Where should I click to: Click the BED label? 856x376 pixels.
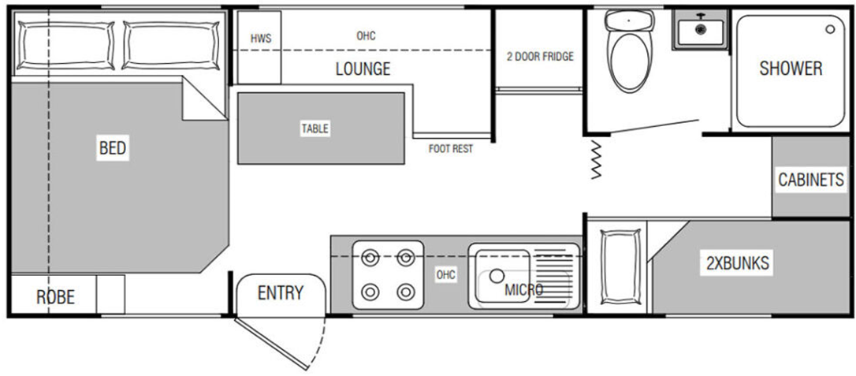(113, 147)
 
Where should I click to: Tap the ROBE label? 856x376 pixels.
(55, 297)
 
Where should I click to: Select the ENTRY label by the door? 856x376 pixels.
(280, 293)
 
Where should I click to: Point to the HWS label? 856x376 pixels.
(260, 39)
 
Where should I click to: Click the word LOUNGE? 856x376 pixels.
(363, 69)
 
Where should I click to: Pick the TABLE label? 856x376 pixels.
(314, 128)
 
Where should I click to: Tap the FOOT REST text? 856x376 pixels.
(451, 148)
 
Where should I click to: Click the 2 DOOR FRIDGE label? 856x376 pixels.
(540, 57)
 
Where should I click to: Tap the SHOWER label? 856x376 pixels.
(790, 69)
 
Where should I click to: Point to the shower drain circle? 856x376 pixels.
(830, 29)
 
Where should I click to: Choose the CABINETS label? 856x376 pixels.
(811, 180)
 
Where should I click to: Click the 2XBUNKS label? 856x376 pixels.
(737, 263)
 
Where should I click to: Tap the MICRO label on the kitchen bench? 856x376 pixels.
(523, 290)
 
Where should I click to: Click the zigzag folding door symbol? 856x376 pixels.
(595, 161)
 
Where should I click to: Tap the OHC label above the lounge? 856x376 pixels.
(366, 36)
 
